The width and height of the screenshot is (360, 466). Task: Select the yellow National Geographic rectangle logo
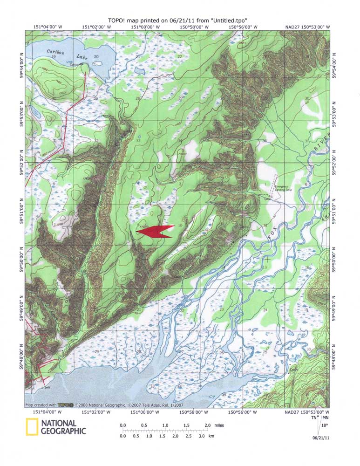pyautogui.click(x=31, y=427)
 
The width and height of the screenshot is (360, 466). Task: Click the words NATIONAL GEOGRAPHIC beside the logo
pyautogui.click(x=63, y=427)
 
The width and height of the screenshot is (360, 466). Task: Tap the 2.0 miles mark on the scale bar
pyautogui.click(x=207, y=425)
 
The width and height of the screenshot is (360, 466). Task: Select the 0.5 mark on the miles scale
pyautogui.click(x=144, y=425)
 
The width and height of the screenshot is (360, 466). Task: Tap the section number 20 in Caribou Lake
pyautogui.click(x=96, y=57)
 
